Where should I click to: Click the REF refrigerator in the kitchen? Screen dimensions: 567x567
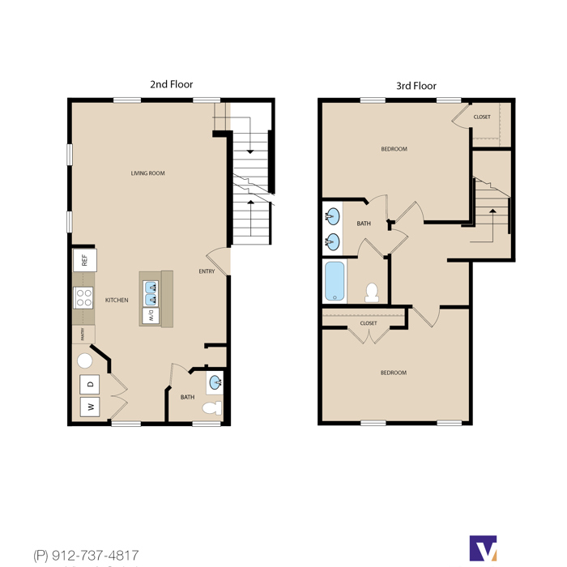point(84,260)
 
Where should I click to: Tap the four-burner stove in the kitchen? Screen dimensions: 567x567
point(83,297)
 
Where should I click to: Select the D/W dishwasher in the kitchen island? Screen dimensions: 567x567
point(151,316)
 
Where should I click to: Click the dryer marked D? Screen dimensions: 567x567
point(90,384)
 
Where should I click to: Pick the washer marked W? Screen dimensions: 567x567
point(90,407)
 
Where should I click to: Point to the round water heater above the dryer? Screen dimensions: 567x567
point(84,360)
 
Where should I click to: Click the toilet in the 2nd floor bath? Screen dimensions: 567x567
point(212,408)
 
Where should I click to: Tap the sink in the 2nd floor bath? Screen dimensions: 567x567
point(215,382)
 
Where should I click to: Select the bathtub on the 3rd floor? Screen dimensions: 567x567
point(335,281)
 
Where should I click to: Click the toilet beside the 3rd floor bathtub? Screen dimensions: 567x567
point(372,292)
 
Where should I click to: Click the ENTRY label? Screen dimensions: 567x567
point(207,271)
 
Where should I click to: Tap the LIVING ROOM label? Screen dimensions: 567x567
point(148,173)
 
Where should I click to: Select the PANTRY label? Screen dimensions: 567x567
point(83,334)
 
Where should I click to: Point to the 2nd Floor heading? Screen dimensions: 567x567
point(172,84)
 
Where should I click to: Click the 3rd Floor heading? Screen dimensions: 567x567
point(416,86)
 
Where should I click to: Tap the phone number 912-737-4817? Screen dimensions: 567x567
point(96,555)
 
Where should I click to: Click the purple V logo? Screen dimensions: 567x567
point(483,548)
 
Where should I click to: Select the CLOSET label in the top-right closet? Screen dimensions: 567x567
point(482,117)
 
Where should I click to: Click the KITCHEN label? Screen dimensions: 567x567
point(117,300)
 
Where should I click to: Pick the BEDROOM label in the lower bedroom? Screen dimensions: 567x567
point(394,373)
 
